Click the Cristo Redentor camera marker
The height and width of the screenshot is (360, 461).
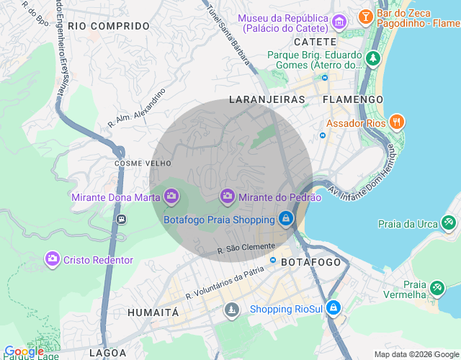[52, 258]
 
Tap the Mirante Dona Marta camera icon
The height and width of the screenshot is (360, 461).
[171, 196]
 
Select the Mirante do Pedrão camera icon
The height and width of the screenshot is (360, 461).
[228, 196]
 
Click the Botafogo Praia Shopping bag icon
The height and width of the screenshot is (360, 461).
[286, 218]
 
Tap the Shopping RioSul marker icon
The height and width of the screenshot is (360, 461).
[333, 309]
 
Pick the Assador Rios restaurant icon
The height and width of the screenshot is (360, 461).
[395, 122]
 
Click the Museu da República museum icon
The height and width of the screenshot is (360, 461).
[339, 24]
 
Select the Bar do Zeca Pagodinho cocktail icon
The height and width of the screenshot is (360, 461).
[366, 15]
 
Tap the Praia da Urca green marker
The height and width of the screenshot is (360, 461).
[449, 223]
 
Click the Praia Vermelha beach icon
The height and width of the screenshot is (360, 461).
[437, 288]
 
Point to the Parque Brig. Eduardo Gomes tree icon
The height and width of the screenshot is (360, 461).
[372, 57]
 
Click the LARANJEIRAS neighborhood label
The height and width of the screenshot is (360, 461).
[267, 99]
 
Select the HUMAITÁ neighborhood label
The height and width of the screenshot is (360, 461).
[153, 312]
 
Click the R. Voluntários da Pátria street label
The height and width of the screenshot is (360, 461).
[225, 283]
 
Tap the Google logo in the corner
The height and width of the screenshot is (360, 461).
[24, 351]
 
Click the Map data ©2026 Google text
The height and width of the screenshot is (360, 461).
[416, 354]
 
